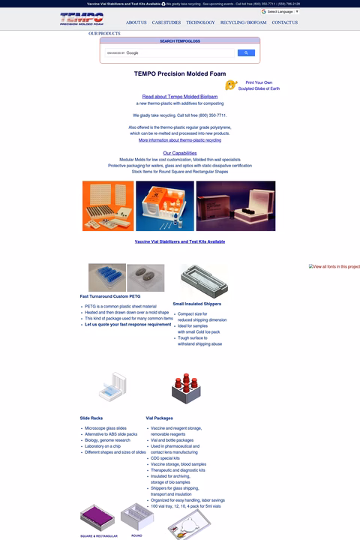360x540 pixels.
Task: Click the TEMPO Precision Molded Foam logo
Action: [82, 19]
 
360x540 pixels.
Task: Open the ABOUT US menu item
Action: [136, 22]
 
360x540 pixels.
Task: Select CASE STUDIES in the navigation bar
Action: [166, 22]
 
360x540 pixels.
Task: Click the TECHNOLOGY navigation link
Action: [200, 22]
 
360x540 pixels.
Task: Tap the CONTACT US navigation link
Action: [284, 22]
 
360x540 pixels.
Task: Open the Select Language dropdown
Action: [280, 11]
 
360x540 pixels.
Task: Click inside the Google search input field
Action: [169, 53]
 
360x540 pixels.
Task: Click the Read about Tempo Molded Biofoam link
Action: [180, 97]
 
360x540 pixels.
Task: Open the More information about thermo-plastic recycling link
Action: [180, 140]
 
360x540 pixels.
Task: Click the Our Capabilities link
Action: [180, 153]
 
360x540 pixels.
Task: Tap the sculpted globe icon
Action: [231, 85]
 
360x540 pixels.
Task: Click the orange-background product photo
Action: [108, 205]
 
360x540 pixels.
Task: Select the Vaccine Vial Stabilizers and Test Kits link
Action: [180, 241]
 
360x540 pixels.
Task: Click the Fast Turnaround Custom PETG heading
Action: [109, 297]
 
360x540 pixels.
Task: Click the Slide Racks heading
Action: [92, 418]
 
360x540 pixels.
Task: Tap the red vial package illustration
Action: [183, 388]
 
